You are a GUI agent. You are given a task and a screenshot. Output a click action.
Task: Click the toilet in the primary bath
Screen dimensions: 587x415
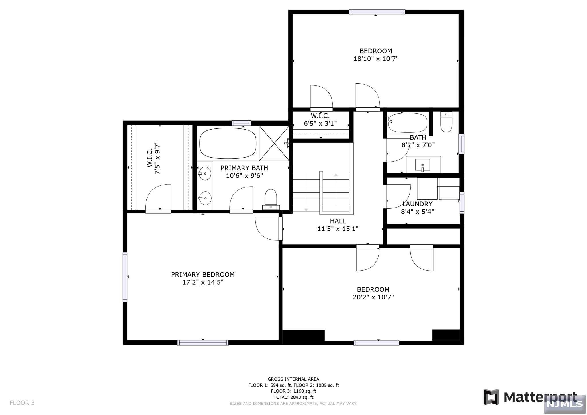pos(271,199)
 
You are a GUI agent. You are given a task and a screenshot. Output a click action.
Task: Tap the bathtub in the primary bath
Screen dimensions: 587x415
pos(228,143)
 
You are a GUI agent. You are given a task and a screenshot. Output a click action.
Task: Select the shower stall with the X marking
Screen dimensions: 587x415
pos(274,143)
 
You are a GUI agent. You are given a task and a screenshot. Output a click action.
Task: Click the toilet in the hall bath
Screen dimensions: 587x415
pos(446,122)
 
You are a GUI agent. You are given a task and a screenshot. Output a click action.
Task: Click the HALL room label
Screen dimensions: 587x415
pos(338,221)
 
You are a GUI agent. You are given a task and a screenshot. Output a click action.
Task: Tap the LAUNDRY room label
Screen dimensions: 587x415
pos(417,204)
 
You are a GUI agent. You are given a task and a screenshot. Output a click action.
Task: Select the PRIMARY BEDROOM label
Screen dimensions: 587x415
pos(203,275)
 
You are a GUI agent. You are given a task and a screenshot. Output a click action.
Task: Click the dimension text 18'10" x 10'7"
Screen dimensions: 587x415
pos(376,59)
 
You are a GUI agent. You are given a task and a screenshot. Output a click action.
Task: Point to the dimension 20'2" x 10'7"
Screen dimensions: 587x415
pos(373,297)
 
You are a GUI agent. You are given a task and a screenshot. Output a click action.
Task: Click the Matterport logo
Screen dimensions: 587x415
pos(530,397)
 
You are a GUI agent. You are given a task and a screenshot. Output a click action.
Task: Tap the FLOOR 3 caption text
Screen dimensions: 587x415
pos(22,403)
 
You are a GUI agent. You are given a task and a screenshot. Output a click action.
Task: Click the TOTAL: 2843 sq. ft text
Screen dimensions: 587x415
pos(293,397)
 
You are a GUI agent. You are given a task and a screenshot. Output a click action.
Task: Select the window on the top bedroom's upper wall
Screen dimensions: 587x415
pos(377,12)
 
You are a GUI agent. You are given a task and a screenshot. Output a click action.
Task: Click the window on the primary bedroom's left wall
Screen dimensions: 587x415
pos(125,277)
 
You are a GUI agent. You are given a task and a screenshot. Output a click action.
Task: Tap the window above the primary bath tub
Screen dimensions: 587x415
pos(241,123)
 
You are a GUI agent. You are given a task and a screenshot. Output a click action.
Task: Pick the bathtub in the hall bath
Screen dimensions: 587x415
pos(407,123)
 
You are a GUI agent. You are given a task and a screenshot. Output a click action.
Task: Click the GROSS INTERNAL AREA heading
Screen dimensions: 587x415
pos(293,379)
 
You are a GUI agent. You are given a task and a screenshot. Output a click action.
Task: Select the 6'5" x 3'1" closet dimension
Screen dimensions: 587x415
pos(320,124)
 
